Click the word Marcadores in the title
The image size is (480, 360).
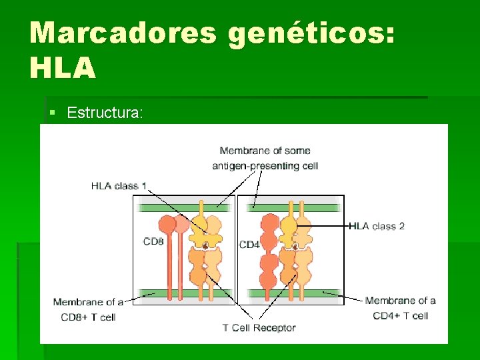pos(122,33)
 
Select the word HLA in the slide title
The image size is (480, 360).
pos(63,68)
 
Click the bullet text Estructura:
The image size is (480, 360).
pos(105,113)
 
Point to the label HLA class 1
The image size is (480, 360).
pos(119,186)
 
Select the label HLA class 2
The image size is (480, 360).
pos(377,226)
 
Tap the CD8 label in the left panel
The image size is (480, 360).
pos(153,241)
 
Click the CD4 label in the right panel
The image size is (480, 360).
pos(249,245)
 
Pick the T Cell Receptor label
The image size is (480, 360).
pos(259,327)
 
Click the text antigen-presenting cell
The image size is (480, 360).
pos(265,166)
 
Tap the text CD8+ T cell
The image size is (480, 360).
pos(88,317)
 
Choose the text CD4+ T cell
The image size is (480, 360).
pos(400,315)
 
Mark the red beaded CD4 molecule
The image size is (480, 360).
pos(269,250)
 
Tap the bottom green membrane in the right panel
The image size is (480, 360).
pos(293,293)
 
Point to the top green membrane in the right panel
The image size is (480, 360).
pos(293,208)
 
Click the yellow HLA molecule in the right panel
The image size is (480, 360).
pos(289,230)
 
